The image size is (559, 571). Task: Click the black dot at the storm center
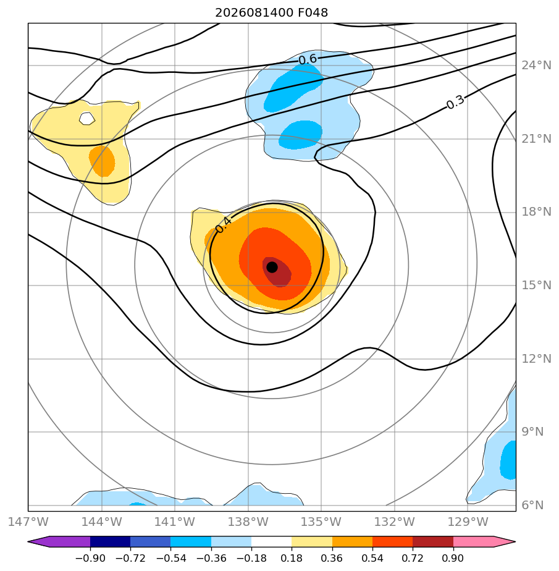[x=272, y=268]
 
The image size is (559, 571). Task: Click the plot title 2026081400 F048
[x=272, y=13]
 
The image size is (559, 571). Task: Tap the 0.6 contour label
[x=308, y=59]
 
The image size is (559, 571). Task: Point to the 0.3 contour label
[x=455, y=102]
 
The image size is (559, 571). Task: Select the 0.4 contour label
[x=223, y=225]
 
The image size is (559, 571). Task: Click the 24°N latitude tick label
[x=536, y=66]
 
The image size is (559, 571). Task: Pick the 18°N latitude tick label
[x=536, y=212]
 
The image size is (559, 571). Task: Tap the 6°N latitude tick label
[x=532, y=505]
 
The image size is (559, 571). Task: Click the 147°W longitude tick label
[x=28, y=522]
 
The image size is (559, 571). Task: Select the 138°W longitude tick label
[x=248, y=522]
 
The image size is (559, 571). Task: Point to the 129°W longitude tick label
[x=468, y=522]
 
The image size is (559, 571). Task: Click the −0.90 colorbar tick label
[x=90, y=558]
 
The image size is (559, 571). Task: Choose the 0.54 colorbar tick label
[x=372, y=558]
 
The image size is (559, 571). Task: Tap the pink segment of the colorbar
[x=473, y=541]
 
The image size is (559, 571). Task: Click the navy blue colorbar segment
[x=111, y=541]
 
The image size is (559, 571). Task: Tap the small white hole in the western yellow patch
[x=87, y=119]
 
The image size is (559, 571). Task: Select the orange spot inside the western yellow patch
[x=103, y=161]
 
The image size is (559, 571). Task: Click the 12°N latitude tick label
[x=536, y=359]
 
